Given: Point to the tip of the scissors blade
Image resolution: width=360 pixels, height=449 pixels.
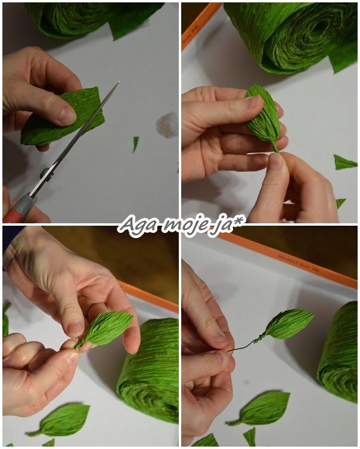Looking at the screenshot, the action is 119,81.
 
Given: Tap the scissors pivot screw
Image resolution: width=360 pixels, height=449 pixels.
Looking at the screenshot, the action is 45,173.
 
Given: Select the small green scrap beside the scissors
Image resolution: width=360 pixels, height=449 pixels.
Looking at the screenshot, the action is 135,144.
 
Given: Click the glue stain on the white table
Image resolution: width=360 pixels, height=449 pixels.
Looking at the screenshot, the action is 166,125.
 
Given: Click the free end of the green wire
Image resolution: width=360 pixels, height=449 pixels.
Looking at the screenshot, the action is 228,351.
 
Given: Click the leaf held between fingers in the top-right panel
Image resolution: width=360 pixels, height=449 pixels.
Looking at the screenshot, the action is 265,117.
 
